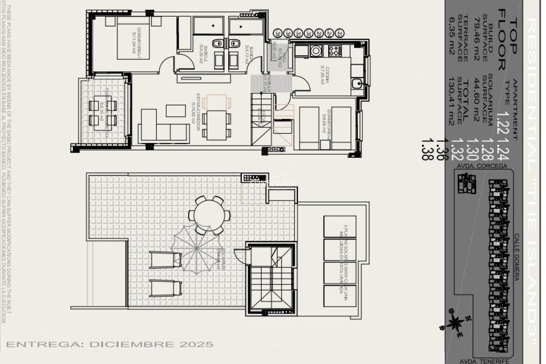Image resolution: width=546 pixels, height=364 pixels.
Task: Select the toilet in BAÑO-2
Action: tap(218, 44)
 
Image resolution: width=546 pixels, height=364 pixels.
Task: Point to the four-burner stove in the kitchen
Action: tap(335, 50)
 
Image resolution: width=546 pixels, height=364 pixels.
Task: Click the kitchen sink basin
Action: tap(357, 83)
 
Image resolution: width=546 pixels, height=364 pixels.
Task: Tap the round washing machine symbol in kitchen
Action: tap(316, 51)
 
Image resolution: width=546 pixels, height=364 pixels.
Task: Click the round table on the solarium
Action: tap(209, 215)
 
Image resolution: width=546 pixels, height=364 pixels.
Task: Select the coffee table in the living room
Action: tap(176, 111)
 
